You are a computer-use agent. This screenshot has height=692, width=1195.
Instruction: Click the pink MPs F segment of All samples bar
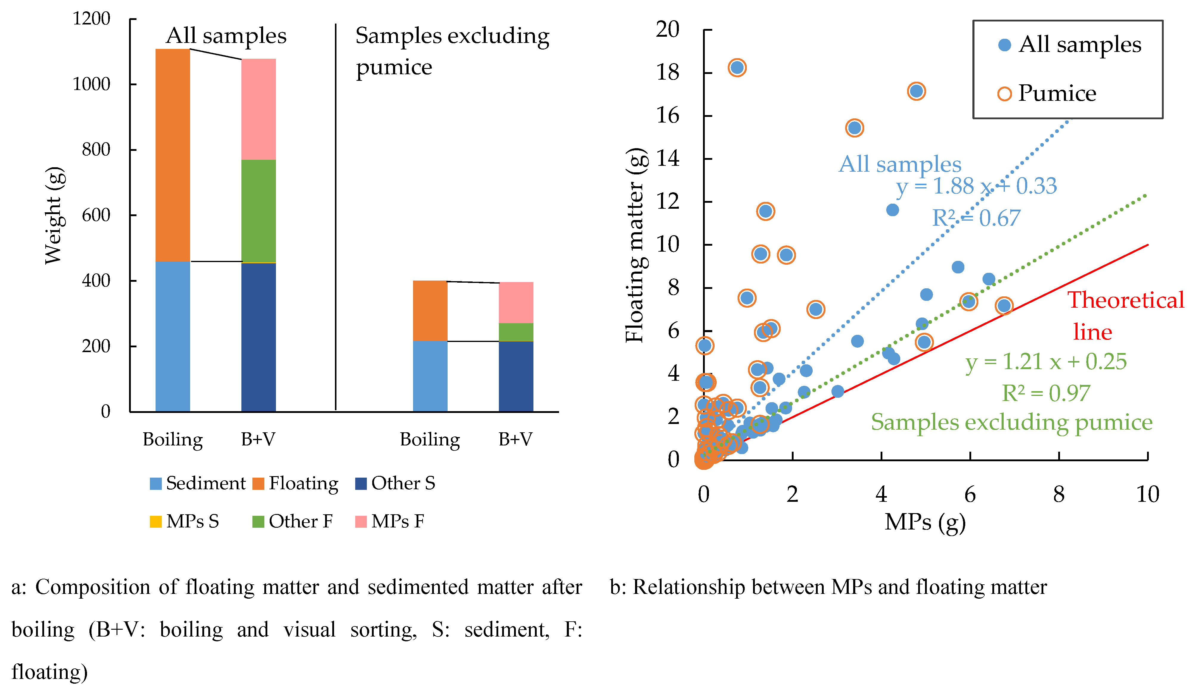click(258, 109)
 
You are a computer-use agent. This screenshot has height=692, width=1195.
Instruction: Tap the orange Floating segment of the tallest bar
click(173, 155)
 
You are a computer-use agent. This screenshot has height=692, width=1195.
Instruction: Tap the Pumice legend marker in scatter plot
click(1004, 93)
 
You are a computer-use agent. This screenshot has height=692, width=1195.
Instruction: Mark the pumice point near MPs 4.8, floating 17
click(916, 91)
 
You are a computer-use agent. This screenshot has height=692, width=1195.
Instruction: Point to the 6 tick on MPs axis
click(970, 495)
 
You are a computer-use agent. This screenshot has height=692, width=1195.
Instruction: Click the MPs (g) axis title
click(925, 522)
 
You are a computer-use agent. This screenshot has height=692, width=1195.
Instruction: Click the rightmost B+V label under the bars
click(516, 439)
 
